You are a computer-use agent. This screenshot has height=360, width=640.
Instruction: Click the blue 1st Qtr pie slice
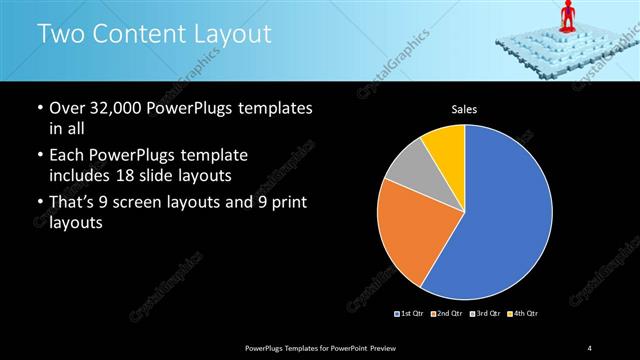pyautogui.click(x=505, y=220)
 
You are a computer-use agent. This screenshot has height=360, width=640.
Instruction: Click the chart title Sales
pyautogui.click(x=464, y=108)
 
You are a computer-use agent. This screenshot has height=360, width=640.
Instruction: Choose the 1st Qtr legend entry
pyautogui.click(x=409, y=314)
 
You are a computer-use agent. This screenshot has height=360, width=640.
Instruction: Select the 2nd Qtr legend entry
pyautogui.click(x=447, y=314)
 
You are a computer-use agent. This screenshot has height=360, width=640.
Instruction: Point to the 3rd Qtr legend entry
pyautogui.click(x=485, y=314)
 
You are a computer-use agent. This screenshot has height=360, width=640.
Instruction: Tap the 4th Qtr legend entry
pyautogui.click(x=523, y=314)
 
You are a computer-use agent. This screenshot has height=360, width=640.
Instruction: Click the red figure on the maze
pyautogui.click(x=568, y=16)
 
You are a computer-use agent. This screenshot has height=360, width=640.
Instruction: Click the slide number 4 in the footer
pyautogui.click(x=590, y=347)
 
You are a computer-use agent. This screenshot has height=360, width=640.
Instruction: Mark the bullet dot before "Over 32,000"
pyautogui.click(x=38, y=108)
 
